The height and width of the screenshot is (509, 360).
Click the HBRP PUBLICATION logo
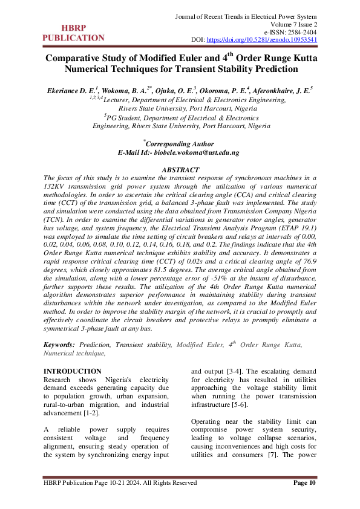73,33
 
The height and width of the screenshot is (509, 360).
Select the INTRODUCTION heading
73,371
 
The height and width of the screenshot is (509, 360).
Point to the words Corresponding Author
180,144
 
